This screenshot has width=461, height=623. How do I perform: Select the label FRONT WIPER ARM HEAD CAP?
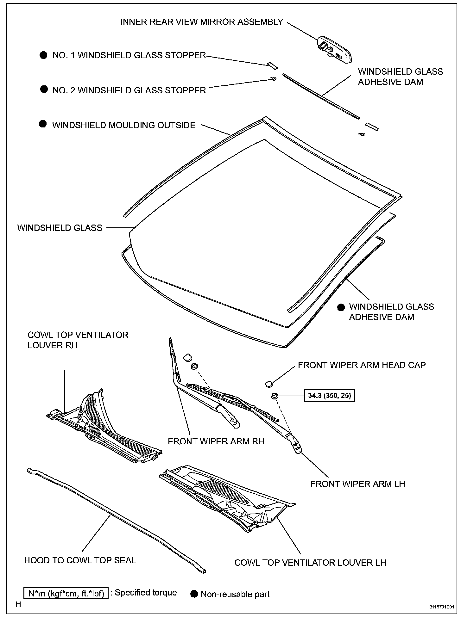(362, 365)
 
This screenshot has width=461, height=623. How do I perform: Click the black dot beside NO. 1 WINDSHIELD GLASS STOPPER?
(43, 55)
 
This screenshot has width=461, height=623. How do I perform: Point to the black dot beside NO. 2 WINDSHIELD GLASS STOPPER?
(44, 89)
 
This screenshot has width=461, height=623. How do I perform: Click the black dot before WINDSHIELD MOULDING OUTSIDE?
(43, 124)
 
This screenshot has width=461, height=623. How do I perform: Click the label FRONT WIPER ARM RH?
(216, 441)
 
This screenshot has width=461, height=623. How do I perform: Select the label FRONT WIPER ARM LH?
(357, 484)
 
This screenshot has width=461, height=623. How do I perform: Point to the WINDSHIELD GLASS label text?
(60, 228)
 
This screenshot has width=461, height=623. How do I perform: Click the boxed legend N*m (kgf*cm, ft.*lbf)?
(66, 593)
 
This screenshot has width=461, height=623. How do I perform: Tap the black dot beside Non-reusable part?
(194, 594)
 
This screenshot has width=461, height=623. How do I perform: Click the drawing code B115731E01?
(441, 607)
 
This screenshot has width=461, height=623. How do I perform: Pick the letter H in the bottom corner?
(18, 605)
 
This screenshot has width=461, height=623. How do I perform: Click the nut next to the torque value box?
(275, 395)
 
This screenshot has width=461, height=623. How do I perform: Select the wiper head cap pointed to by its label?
(268, 384)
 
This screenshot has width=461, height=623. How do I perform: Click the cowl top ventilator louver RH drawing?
(104, 427)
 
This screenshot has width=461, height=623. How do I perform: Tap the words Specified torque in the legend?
(146, 593)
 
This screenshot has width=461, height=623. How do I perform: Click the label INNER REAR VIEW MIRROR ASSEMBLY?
(202, 22)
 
